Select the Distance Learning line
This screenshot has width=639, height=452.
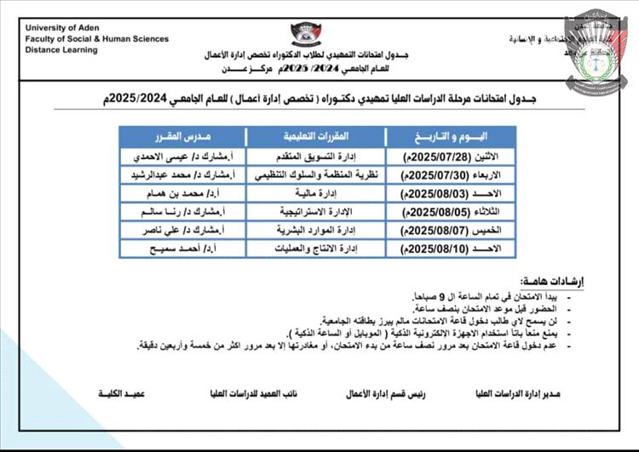click(61, 50)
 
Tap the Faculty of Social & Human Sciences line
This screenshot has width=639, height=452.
click(96, 38)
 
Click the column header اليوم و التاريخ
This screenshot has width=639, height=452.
click(451, 137)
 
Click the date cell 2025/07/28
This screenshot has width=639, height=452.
click(451, 157)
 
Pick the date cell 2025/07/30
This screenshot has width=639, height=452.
click(451, 175)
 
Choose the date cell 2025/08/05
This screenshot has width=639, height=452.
click(451, 212)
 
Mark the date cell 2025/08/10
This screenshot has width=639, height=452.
click(451, 249)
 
